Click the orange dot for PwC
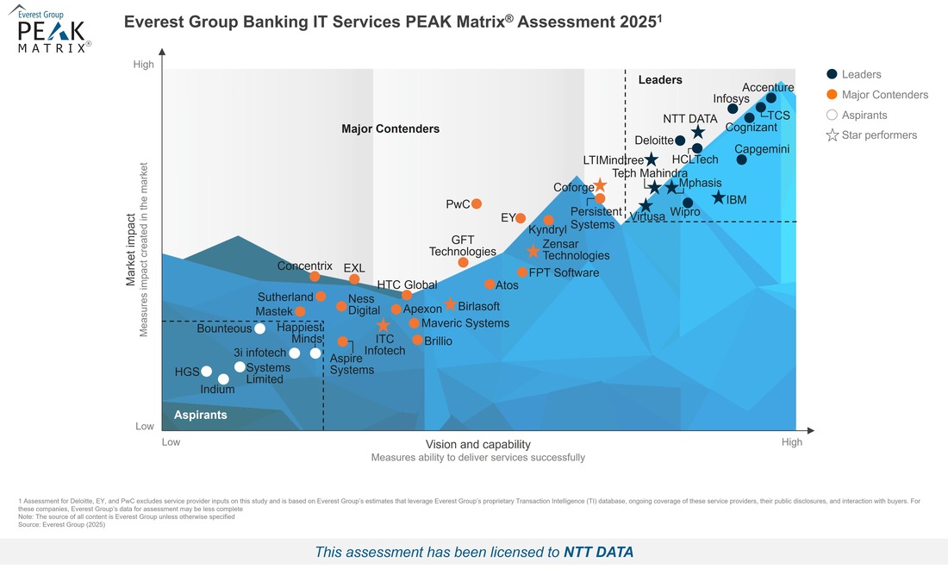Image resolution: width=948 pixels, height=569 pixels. pyautogui.click(x=477, y=204)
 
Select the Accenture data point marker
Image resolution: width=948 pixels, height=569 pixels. pyautogui.click(x=771, y=98)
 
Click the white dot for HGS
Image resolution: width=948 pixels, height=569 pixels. pyautogui.click(x=206, y=372)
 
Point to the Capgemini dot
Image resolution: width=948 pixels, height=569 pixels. pyautogui.click(x=742, y=159)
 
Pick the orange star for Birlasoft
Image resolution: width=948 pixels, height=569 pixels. pyautogui.click(x=450, y=305)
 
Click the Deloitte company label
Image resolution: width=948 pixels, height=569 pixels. pyautogui.click(x=654, y=141)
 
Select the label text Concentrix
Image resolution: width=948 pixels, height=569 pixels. pyautogui.click(x=304, y=266)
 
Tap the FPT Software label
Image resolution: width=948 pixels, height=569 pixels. pyautogui.click(x=564, y=273)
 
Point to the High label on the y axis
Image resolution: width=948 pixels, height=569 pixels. pyautogui.click(x=144, y=65)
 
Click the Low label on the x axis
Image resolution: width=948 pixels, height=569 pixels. pyautogui.click(x=172, y=442)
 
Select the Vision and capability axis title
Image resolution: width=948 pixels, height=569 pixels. pyautogui.click(x=478, y=444)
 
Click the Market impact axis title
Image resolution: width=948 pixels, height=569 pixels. pyautogui.click(x=131, y=250)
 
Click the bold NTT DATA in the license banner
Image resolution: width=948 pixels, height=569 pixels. pyautogui.click(x=598, y=552)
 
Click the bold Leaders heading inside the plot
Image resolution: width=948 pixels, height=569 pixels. pyautogui.click(x=660, y=80)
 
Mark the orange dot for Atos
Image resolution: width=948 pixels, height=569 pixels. pyautogui.click(x=490, y=284)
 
